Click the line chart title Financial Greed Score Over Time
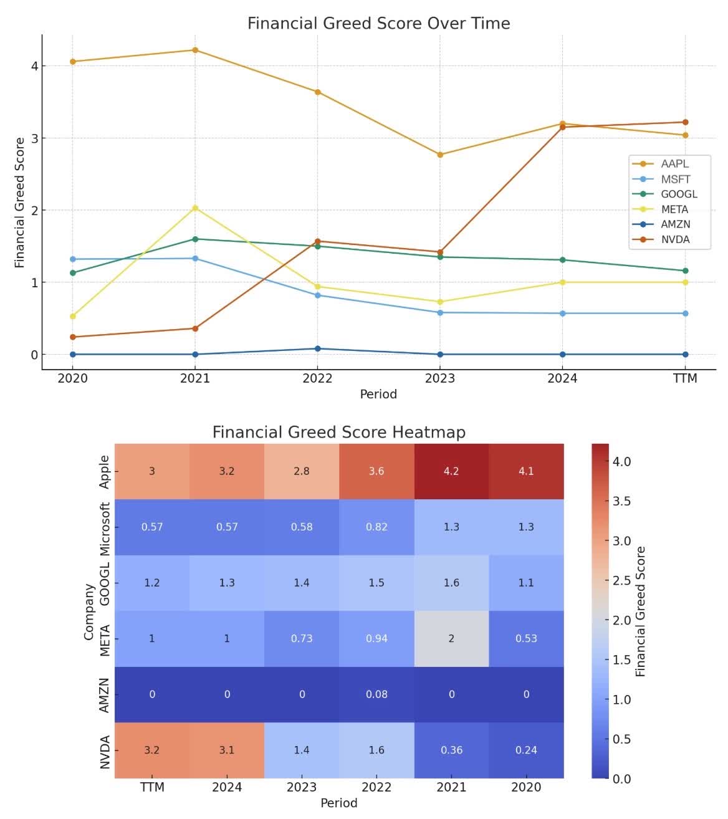coord(378,24)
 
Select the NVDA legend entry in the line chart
coord(675,240)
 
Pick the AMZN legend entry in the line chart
coord(675,224)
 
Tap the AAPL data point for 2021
coord(195,50)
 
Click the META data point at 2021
coord(195,208)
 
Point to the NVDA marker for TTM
coord(685,122)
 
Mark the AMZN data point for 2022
coord(317,348)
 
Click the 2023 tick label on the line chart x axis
coord(440,378)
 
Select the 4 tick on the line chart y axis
coord(34,66)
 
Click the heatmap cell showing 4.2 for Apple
coord(451,471)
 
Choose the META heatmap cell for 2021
coord(451,638)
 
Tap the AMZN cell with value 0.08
coord(376,694)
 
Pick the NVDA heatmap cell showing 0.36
coord(451,750)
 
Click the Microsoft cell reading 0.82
coord(376,527)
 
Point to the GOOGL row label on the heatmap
coord(105,583)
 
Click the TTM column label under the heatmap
coord(152,787)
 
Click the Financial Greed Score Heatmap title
coord(338,433)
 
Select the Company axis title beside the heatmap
coord(89,611)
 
